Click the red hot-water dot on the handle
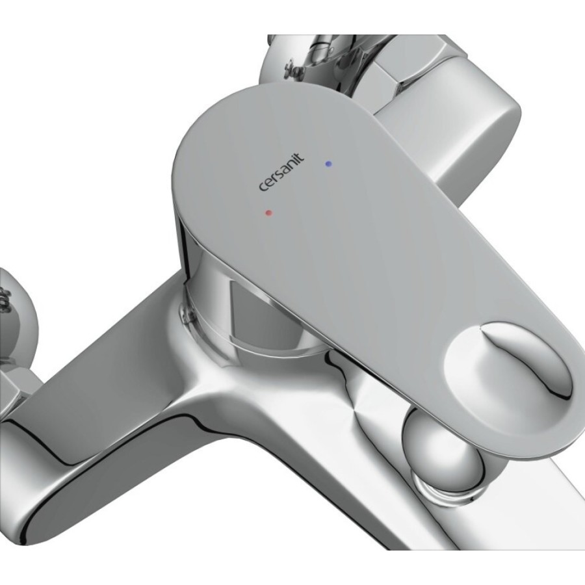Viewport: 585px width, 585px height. click(268, 213)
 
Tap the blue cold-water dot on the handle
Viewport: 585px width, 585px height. click(328, 163)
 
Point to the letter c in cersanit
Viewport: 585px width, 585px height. click(263, 187)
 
